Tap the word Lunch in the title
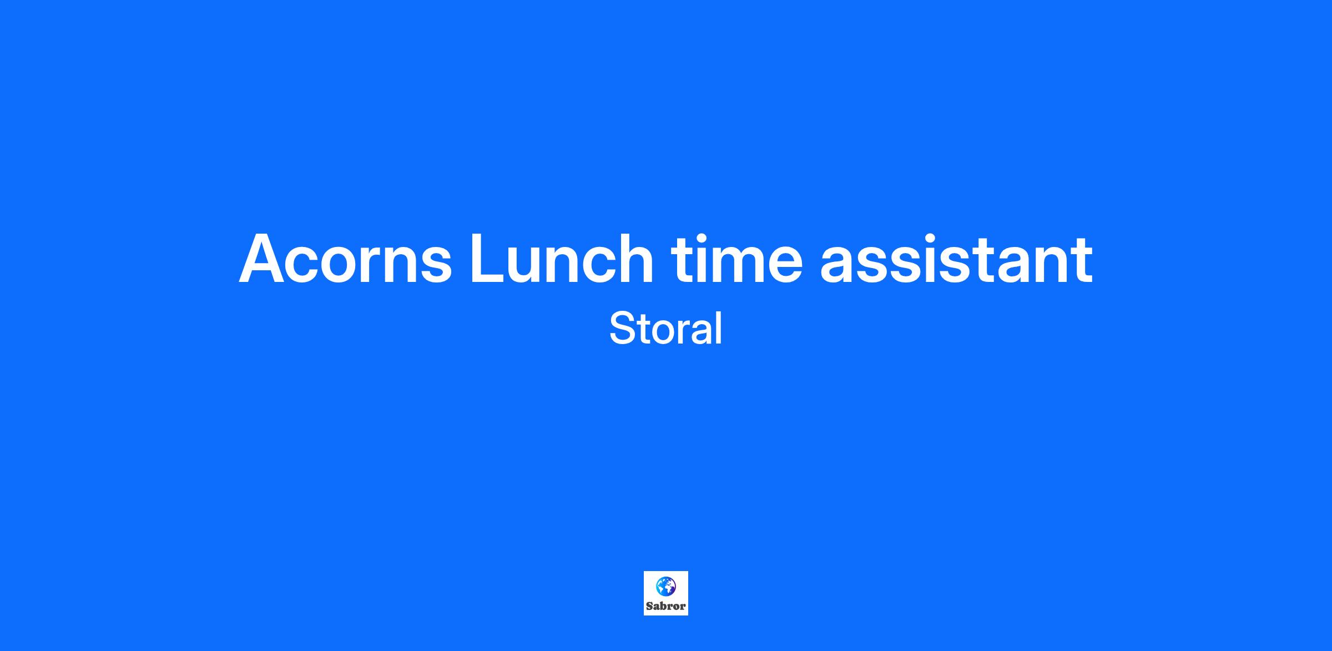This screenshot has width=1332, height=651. pos(562,258)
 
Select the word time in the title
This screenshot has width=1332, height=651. pos(736,258)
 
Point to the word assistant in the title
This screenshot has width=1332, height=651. pos(956,258)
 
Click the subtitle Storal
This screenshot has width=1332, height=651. pos(666,328)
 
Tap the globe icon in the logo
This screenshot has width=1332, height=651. pos(666,586)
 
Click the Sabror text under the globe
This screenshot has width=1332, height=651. pos(666,606)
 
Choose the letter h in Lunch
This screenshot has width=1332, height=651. pos(635,258)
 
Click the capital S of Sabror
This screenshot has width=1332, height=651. pos(649,606)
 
